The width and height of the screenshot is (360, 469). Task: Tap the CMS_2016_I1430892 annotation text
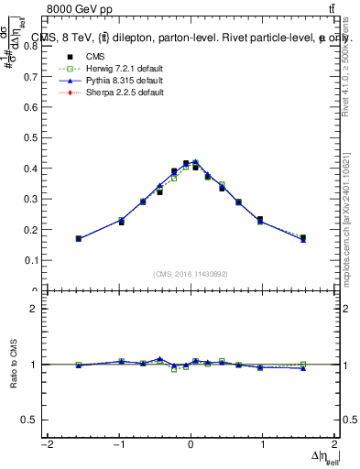(x=191, y=273)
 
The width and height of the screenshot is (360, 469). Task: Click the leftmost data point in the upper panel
(x=79, y=238)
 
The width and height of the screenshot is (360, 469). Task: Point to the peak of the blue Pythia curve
(x=195, y=162)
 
